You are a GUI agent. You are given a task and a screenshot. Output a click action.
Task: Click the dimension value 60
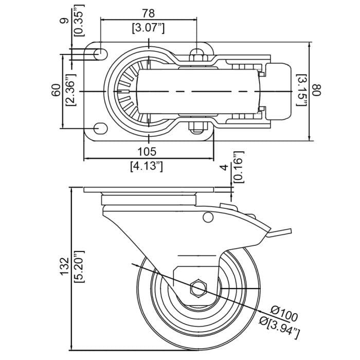(x=56, y=92)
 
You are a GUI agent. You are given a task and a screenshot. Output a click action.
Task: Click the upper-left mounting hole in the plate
(x=100, y=54)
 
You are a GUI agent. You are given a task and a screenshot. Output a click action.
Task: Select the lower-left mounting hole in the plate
(x=100, y=128)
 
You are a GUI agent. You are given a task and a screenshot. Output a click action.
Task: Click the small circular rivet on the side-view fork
(x=208, y=218)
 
